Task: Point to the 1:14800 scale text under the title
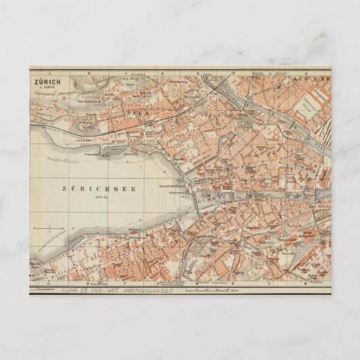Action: (x=47, y=84)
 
